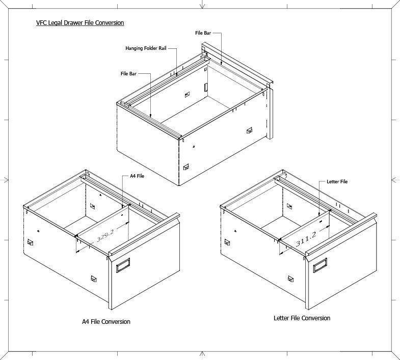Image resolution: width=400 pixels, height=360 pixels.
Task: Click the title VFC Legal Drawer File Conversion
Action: pyautogui.click(x=80, y=23)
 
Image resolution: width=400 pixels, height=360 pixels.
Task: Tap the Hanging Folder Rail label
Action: pyautogui.click(x=146, y=49)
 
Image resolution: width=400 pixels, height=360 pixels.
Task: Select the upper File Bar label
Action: pyautogui.click(x=203, y=33)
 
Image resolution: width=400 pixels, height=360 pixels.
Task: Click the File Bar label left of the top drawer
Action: pyautogui.click(x=128, y=74)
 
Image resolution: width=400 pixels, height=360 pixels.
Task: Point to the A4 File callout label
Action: pyautogui.click(x=137, y=176)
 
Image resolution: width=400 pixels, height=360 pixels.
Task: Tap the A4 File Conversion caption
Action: pyautogui.click(x=106, y=322)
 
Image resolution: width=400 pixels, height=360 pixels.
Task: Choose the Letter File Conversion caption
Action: pyautogui.click(x=302, y=318)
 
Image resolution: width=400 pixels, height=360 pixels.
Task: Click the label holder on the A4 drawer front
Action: pyautogui.click(x=123, y=266)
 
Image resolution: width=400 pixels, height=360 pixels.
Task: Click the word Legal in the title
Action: pyautogui.click(x=54, y=23)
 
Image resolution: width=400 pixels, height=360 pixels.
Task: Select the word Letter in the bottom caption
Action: pyautogui.click(x=281, y=318)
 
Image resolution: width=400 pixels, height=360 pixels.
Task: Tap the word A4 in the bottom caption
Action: pyautogui.click(x=86, y=322)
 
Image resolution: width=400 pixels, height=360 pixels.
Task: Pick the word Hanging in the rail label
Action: pyautogui.click(x=135, y=49)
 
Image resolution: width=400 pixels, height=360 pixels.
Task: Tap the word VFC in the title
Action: pyautogui.click(x=41, y=23)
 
